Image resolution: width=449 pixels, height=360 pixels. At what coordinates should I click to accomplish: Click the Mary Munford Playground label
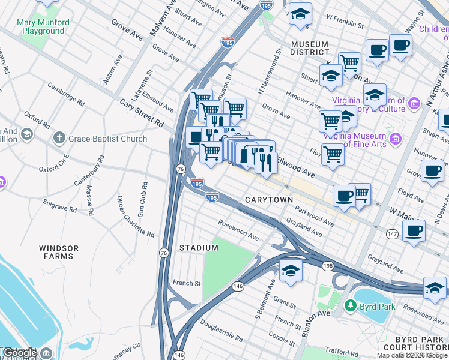43,27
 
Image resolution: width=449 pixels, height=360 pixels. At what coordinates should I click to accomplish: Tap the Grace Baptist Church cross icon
58,139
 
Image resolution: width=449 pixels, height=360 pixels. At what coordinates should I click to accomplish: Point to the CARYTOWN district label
269,200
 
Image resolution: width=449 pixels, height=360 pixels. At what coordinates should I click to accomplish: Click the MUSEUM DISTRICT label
309,49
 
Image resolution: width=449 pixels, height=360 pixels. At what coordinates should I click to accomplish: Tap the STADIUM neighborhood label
199,248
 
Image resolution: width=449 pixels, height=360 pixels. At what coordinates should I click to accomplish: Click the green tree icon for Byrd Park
351,307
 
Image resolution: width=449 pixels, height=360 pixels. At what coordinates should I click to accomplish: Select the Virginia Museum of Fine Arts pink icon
395,140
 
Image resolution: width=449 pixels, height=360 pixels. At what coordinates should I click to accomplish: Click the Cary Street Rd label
141,112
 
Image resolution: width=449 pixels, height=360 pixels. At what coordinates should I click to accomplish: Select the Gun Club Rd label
142,199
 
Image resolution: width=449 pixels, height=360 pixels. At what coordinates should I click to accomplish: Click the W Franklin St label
344,24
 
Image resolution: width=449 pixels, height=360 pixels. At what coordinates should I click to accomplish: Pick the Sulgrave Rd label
60,209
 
